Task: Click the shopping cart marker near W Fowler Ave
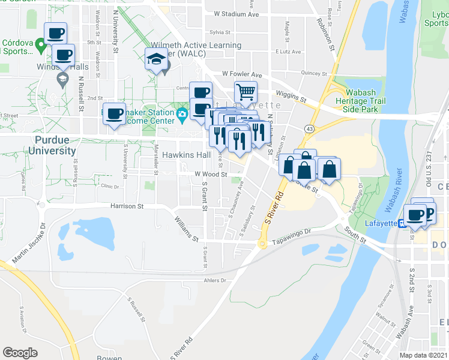click(246, 92)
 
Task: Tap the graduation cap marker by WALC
click(156, 59)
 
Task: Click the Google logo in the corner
click(20, 353)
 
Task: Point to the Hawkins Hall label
click(187, 155)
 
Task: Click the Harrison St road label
click(127, 206)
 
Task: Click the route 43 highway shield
click(308, 129)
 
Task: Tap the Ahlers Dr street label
click(214, 280)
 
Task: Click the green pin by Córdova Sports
click(41, 44)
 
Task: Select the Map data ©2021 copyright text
click(424, 355)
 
